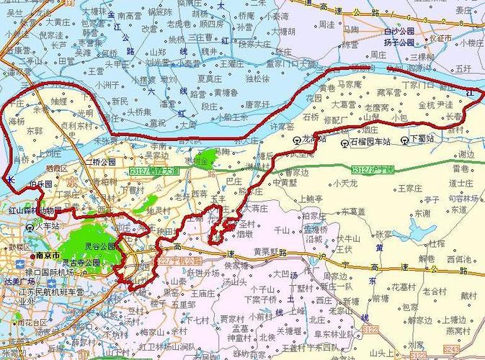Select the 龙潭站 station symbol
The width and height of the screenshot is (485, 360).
(x=296, y=140)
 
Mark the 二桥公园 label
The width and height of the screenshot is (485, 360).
(x=100, y=161)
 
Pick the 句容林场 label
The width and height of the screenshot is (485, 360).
(x=464, y=197)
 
